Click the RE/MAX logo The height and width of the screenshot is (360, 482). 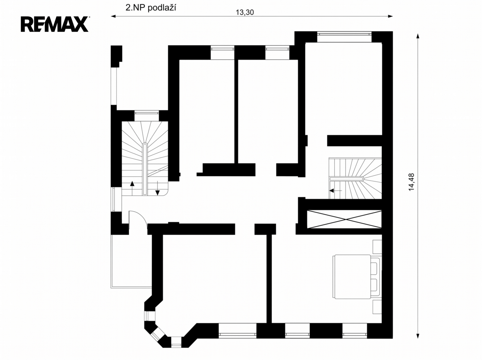pyautogui.click(x=55, y=24)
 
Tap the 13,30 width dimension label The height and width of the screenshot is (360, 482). pyautogui.click(x=245, y=12)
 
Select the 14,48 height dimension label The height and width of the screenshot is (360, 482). pyautogui.click(x=411, y=182)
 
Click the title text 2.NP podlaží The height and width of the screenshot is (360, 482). pyautogui.click(x=151, y=8)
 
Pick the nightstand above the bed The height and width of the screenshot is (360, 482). pyautogui.click(x=377, y=247)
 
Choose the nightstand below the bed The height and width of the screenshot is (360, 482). pyautogui.click(x=377, y=307)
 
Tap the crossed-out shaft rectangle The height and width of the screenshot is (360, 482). pyautogui.click(x=344, y=219)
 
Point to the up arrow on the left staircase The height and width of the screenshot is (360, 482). pyautogui.click(x=132, y=188)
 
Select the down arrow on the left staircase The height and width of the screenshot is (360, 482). pyautogui.click(x=158, y=188)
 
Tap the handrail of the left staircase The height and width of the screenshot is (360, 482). pyautogui.click(x=145, y=169)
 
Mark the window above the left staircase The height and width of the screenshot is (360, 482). pyautogui.click(x=147, y=113)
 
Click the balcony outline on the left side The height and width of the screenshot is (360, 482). pyautogui.click(x=131, y=261)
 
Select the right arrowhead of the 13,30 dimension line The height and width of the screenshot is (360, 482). pyautogui.click(x=390, y=16)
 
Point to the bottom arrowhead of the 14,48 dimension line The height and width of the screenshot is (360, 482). pyautogui.click(x=418, y=336)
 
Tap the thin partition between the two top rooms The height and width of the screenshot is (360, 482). pyautogui.click(x=236, y=112)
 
